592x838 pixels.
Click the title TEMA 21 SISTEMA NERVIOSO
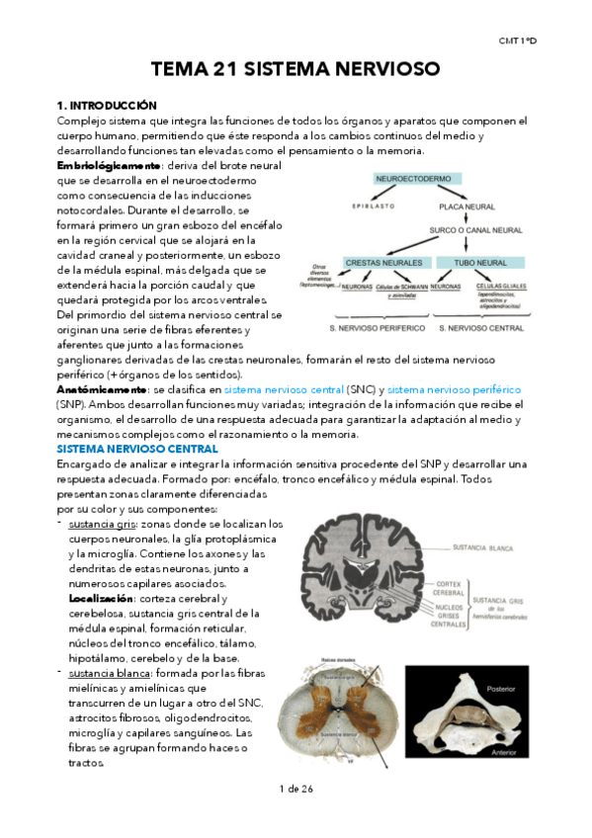click(x=294, y=69)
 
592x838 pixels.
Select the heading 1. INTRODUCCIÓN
click(x=107, y=104)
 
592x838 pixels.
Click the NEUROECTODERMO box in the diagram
click(x=412, y=178)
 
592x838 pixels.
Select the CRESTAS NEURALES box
click(x=383, y=263)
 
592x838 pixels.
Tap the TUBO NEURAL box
click(x=480, y=263)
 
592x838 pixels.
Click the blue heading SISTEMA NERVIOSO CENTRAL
click(x=137, y=449)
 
